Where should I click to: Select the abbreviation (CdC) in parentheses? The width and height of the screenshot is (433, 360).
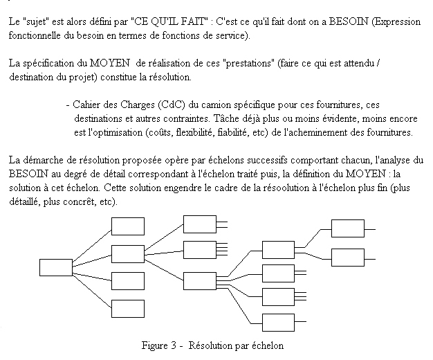pos(172,105)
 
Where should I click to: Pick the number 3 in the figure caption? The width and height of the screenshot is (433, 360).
pos(174,345)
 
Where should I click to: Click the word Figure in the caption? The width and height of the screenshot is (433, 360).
pos(155,346)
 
